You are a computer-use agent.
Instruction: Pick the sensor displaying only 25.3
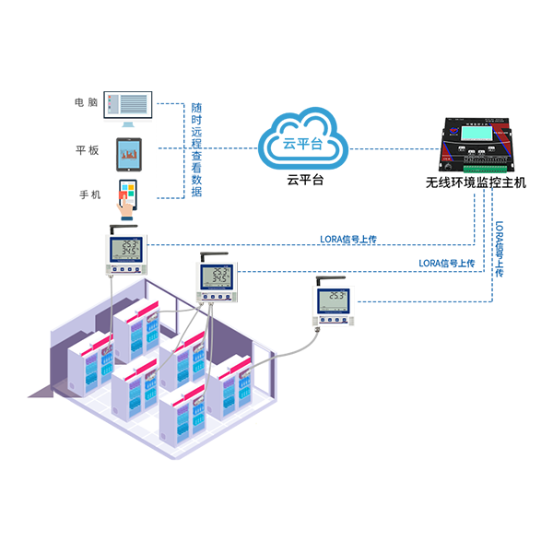tap(331, 300)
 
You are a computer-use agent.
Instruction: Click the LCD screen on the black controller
tap(477, 133)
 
